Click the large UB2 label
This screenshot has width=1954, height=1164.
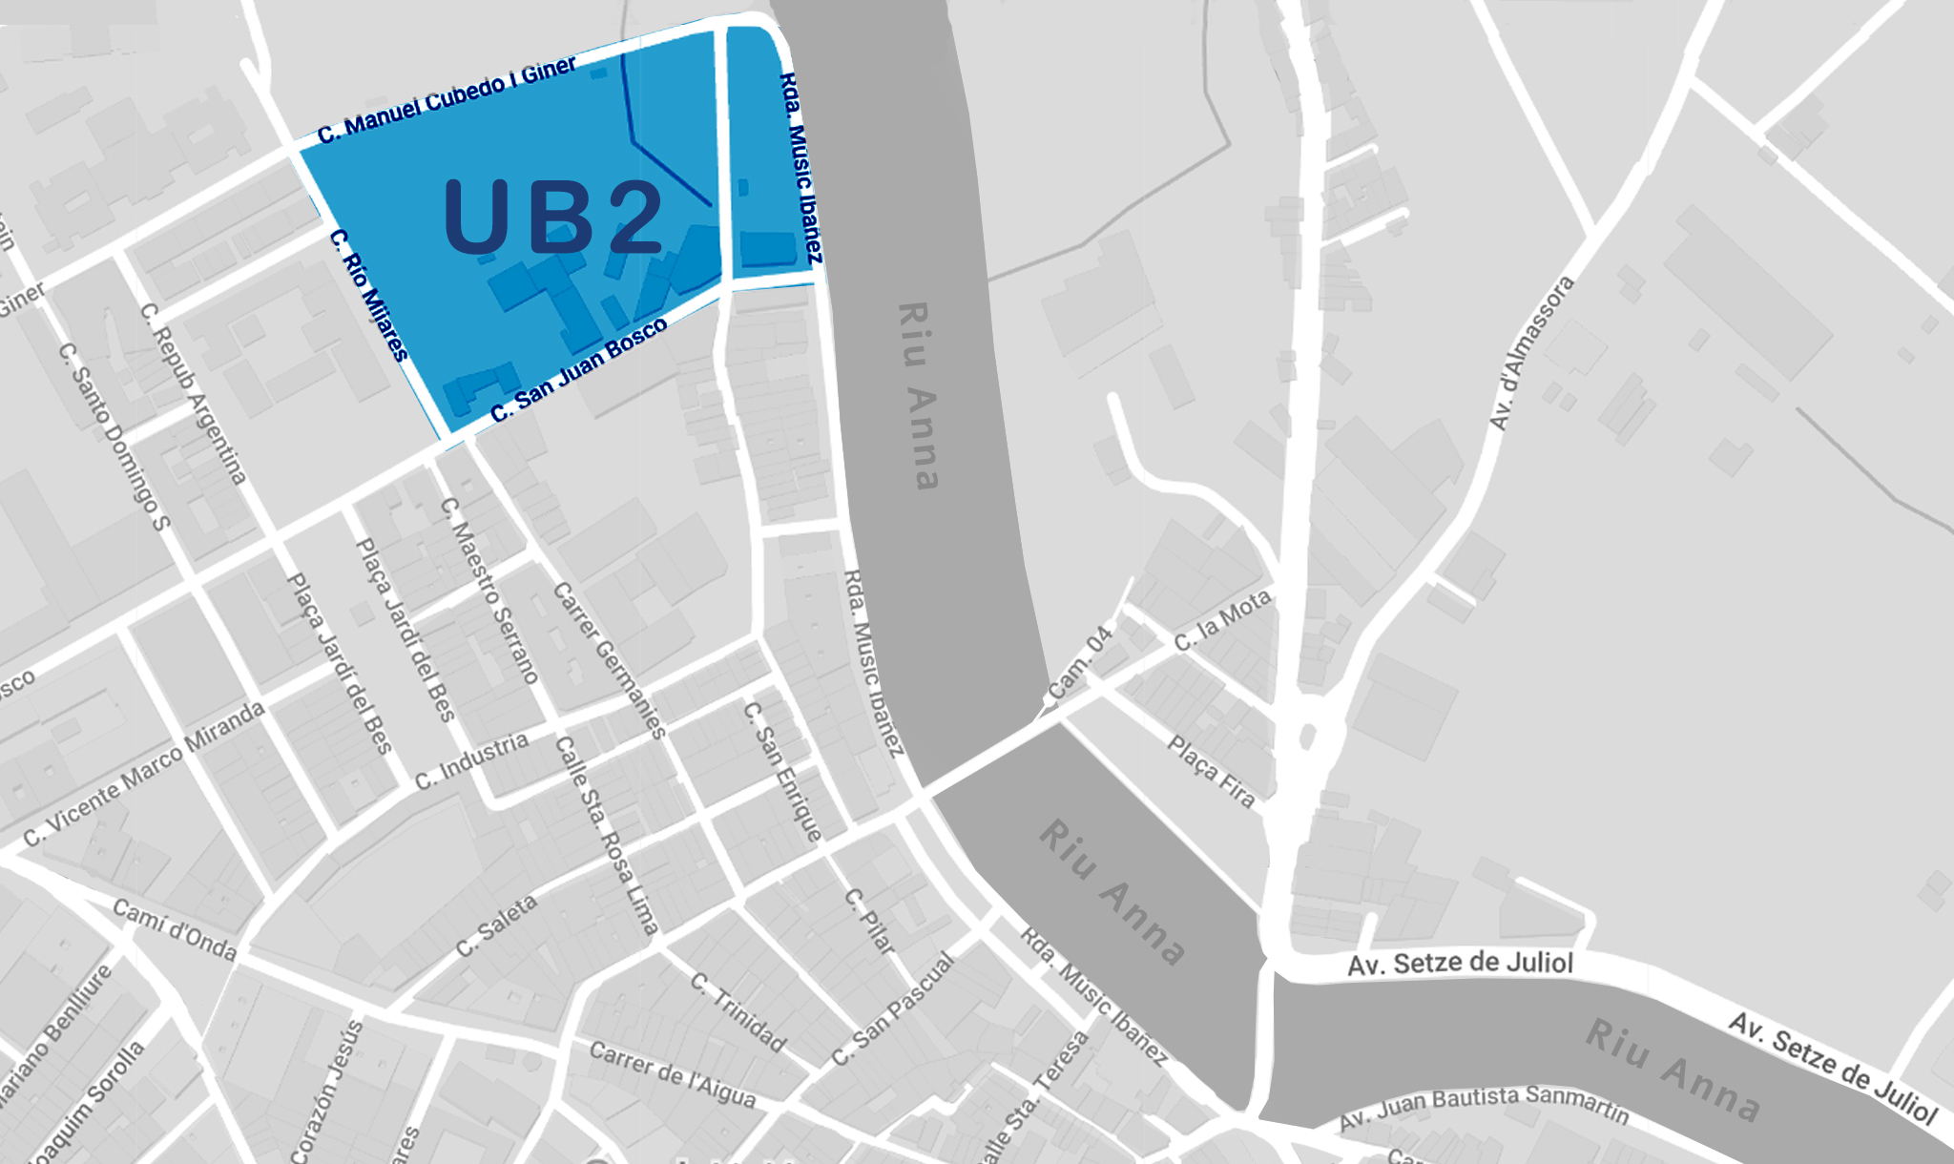point(553,218)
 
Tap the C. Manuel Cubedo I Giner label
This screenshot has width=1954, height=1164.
point(447,100)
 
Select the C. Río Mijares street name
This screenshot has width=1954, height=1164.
point(369,295)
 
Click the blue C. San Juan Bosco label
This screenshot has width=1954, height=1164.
point(579,371)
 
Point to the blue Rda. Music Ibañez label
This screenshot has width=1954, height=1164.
point(800,168)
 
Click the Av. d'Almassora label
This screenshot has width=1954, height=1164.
point(1530,353)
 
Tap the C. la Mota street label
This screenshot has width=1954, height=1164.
point(1222,620)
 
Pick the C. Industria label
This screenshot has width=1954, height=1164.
point(471,760)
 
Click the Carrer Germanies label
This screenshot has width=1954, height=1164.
point(609,660)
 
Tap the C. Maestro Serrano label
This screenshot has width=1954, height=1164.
point(489,591)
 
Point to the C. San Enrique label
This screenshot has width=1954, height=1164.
point(782,771)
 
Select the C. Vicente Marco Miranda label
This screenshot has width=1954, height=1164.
point(143,774)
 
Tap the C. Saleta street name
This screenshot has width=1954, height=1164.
point(496,925)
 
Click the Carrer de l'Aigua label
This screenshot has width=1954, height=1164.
point(673,1074)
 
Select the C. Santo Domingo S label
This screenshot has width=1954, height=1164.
point(114,435)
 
